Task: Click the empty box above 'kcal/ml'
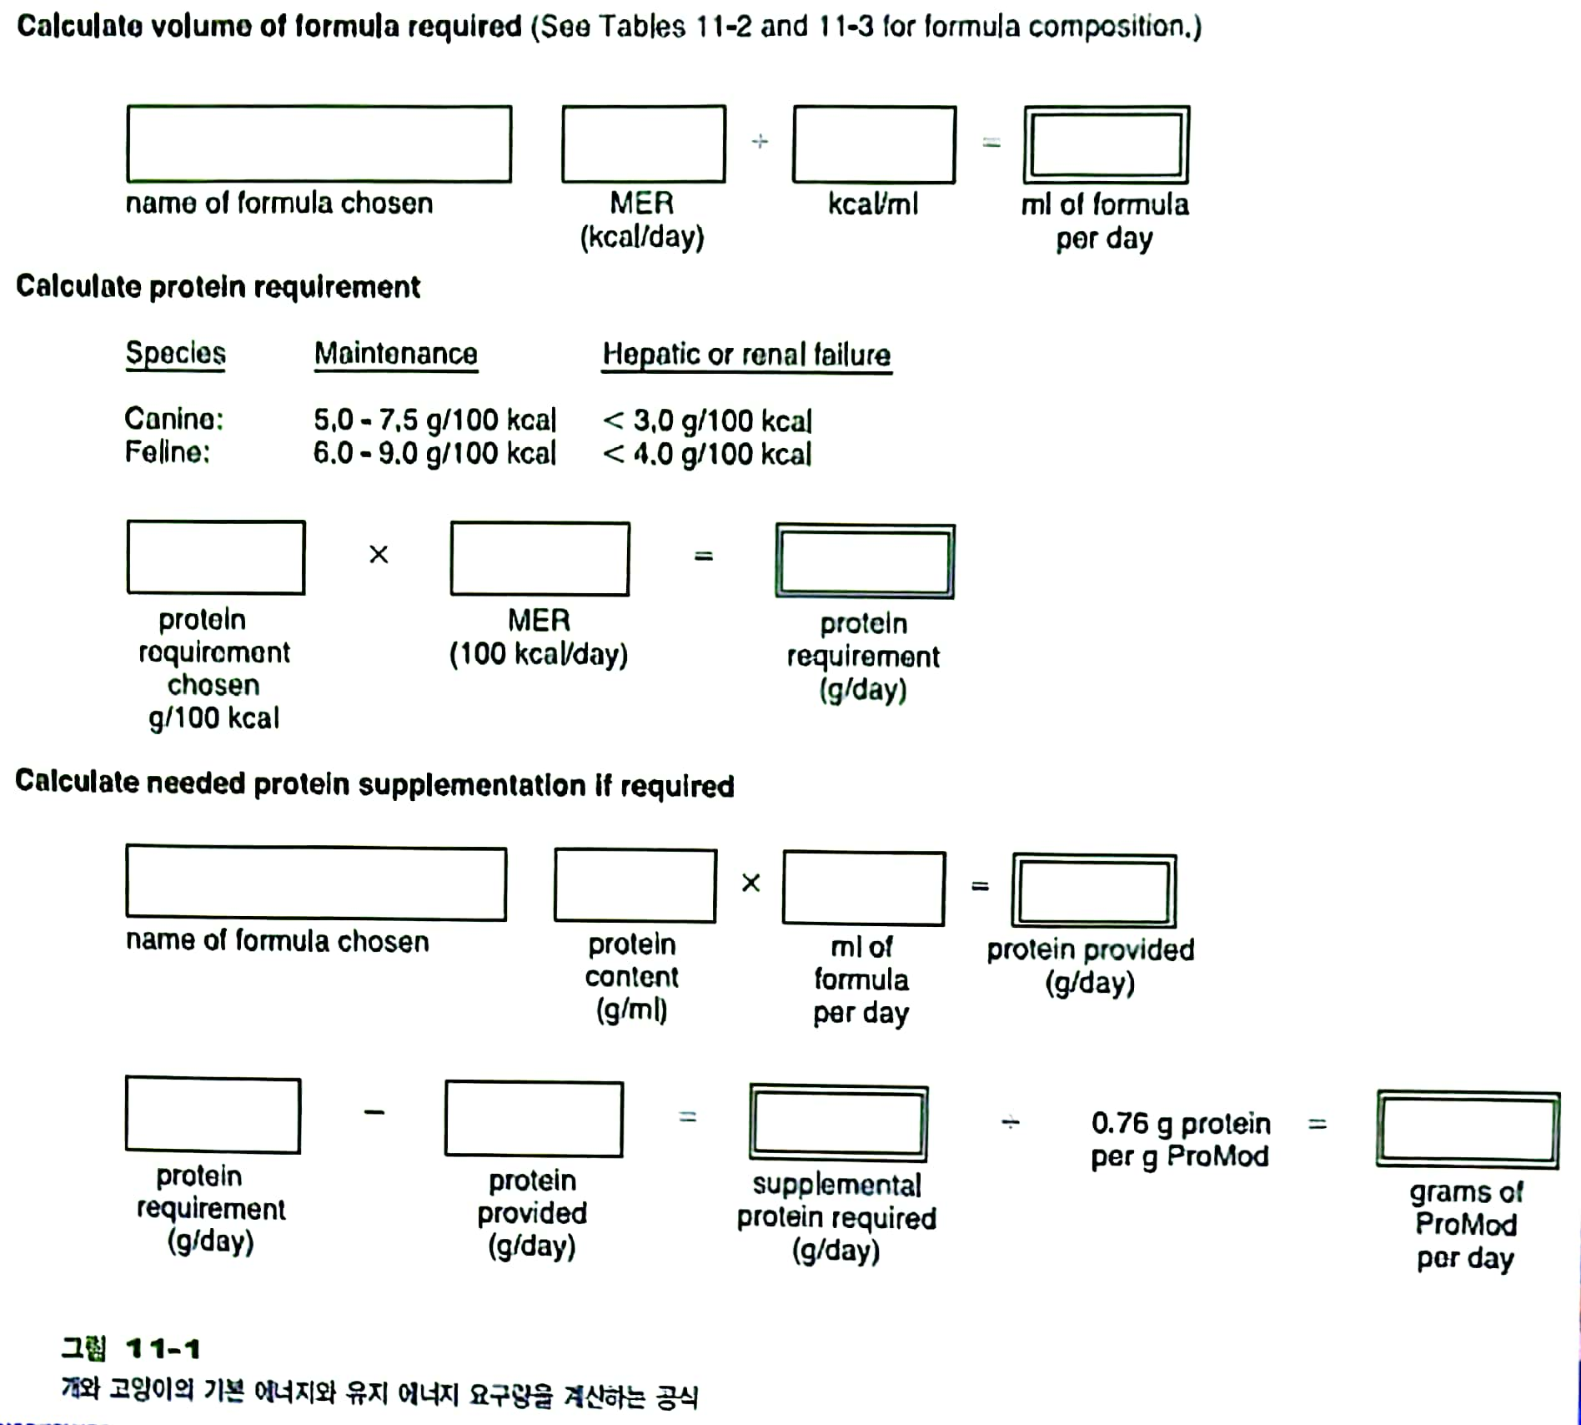click(x=874, y=144)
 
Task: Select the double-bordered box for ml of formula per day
click(x=1106, y=144)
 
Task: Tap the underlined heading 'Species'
click(x=175, y=353)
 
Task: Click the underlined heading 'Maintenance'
click(x=395, y=354)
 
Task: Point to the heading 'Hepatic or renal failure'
click(x=746, y=355)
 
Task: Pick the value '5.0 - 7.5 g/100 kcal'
click(x=434, y=419)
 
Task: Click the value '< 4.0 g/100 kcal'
click(x=706, y=454)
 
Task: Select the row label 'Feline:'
click(x=167, y=452)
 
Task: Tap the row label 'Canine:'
click(x=173, y=418)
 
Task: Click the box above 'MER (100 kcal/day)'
click(x=540, y=558)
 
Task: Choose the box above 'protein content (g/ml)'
click(x=635, y=885)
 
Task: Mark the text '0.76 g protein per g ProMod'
click(x=1180, y=1140)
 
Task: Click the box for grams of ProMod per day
click(x=1468, y=1129)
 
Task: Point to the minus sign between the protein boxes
click(x=374, y=1112)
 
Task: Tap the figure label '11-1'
click(x=163, y=1348)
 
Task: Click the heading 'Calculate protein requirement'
click(x=218, y=287)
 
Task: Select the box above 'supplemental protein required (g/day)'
click(x=838, y=1123)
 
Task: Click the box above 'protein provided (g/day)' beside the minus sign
click(x=534, y=1118)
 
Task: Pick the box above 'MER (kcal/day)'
click(x=643, y=144)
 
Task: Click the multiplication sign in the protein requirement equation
click(x=379, y=555)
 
